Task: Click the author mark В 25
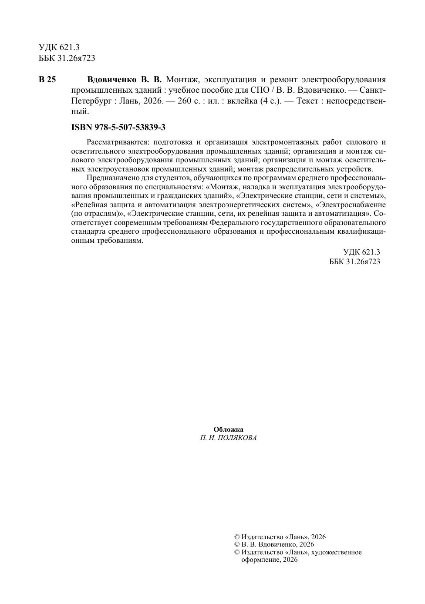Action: coord(47,80)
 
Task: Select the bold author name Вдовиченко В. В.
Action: coord(124,80)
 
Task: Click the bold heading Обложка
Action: coord(228,430)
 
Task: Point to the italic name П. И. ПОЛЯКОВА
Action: coord(228,438)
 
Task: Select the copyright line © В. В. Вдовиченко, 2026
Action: coord(274,544)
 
